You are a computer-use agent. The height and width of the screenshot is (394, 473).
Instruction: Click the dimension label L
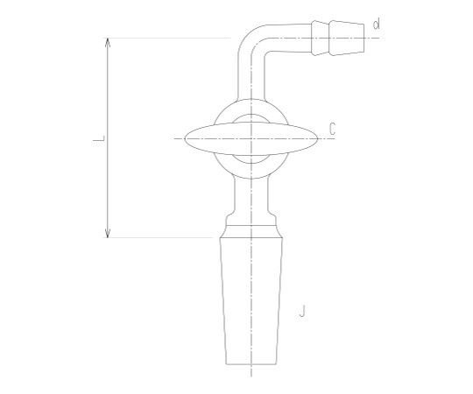99,138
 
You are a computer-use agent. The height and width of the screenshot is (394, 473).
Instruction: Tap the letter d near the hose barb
376,24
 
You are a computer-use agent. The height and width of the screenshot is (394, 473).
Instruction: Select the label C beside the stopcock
332,129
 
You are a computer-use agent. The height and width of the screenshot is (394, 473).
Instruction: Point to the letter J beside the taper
302,311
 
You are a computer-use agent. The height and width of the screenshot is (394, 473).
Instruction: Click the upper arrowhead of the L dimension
108,43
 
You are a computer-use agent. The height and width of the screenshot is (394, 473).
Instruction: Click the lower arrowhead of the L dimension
108,233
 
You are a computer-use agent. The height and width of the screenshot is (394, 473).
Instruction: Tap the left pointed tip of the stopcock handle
185,138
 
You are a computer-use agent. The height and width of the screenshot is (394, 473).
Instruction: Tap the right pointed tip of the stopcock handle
318,138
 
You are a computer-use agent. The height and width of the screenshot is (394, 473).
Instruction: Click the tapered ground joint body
251,301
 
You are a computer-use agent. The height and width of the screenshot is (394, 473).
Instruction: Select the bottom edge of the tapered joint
251,364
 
